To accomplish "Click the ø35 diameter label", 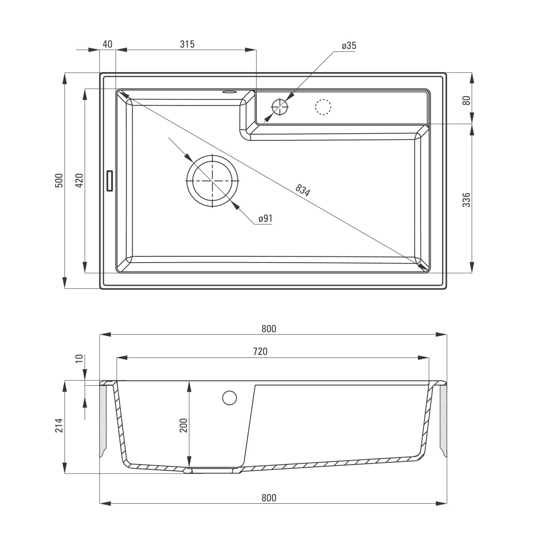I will (x=349, y=46).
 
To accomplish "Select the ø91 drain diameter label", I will (x=265, y=218).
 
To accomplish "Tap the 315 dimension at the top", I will (x=187, y=44).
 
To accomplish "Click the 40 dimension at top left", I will (x=107, y=44).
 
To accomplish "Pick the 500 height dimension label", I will (x=59, y=180).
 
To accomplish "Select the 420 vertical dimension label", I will (x=79, y=180).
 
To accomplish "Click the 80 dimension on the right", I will (x=466, y=99).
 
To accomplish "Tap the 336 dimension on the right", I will (x=466, y=200).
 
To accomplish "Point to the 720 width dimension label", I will (x=260, y=351).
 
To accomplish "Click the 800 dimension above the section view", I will (x=269, y=329).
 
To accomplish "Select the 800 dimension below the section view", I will (x=269, y=498).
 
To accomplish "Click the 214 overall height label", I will (x=59, y=426).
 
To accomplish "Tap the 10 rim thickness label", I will (x=79, y=359).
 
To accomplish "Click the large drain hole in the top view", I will (x=213, y=181).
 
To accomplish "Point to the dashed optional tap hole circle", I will (x=323, y=107).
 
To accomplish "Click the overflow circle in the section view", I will (x=230, y=398).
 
